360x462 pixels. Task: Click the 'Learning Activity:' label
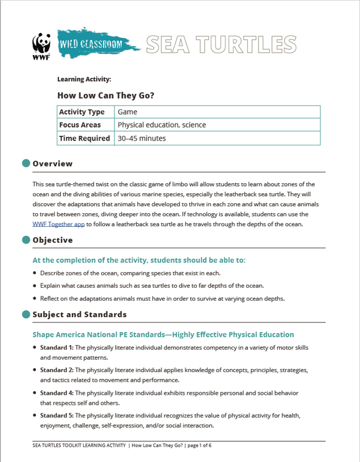[84, 79]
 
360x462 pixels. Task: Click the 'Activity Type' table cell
[81, 112]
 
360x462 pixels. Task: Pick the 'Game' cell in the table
[127, 112]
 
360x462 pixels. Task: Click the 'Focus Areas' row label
[80, 125]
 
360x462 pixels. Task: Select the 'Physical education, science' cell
[162, 125]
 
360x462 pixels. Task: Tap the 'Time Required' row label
[84, 138]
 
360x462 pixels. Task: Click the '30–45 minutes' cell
[142, 138]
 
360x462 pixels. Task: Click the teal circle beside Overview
[25, 163]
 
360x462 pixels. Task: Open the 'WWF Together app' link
[58, 224]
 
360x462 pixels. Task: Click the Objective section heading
[53, 240]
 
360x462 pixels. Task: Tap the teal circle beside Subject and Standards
[25, 314]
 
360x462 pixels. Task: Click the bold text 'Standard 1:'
[57, 347]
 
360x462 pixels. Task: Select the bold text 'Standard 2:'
[57, 370]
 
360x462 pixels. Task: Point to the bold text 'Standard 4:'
[57, 392]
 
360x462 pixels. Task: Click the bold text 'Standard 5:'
[57, 415]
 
